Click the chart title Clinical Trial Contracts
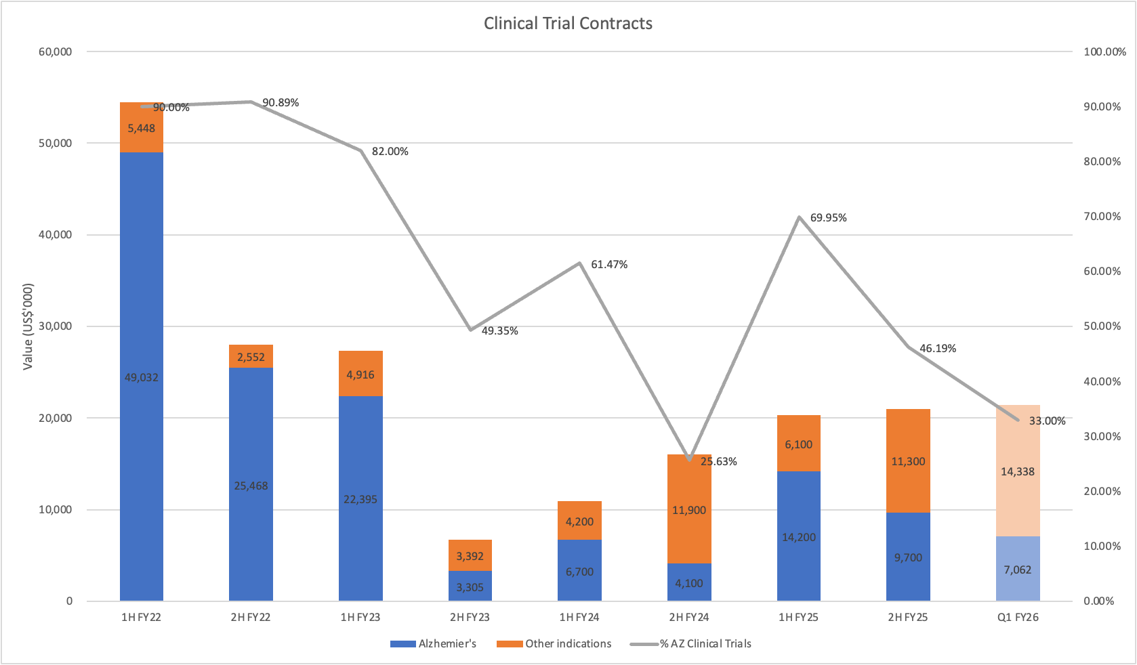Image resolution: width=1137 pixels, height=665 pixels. (x=568, y=24)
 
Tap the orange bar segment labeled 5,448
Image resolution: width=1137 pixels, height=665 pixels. (x=142, y=128)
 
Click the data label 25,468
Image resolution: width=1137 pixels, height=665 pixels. (x=251, y=486)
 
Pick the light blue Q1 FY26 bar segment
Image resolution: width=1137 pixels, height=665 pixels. (x=1018, y=570)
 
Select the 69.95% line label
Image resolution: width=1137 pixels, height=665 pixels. (x=828, y=218)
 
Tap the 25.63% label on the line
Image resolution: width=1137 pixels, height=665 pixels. (x=719, y=462)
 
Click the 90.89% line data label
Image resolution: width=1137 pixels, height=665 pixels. (x=281, y=103)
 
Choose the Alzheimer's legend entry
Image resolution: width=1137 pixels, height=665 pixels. (x=434, y=644)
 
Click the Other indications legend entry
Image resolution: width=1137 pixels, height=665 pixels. (x=554, y=644)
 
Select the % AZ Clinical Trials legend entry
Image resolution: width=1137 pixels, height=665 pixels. (x=691, y=644)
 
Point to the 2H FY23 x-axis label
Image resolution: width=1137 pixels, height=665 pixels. (x=470, y=618)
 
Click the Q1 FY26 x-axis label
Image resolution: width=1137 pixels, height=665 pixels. (x=1018, y=618)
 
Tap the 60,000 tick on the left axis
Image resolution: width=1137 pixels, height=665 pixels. (x=56, y=52)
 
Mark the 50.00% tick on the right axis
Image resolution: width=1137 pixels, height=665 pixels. (x=1102, y=326)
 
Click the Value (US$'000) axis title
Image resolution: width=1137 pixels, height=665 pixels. (x=28, y=326)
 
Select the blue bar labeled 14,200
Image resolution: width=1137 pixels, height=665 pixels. (x=799, y=537)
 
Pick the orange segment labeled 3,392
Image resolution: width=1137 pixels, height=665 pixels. (x=470, y=556)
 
